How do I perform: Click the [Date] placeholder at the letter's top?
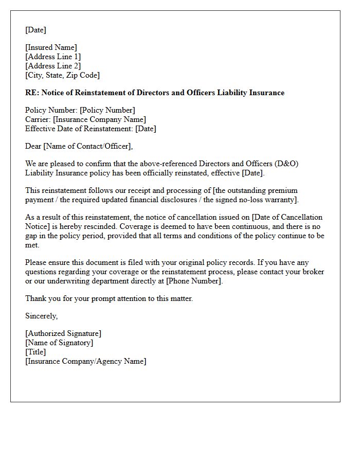tap(35, 30)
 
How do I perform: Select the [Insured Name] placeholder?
tap(51, 48)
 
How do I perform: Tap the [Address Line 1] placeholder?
tap(53, 57)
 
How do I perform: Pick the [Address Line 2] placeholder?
tap(53, 66)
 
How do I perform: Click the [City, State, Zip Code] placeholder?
tap(62, 76)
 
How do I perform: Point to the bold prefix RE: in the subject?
tap(31, 93)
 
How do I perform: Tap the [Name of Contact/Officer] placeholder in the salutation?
tap(87, 147)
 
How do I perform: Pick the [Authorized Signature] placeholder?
tap(63, 334)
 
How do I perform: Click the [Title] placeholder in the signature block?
tap(35, 352)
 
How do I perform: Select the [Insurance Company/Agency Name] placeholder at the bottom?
tap(86, 362)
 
